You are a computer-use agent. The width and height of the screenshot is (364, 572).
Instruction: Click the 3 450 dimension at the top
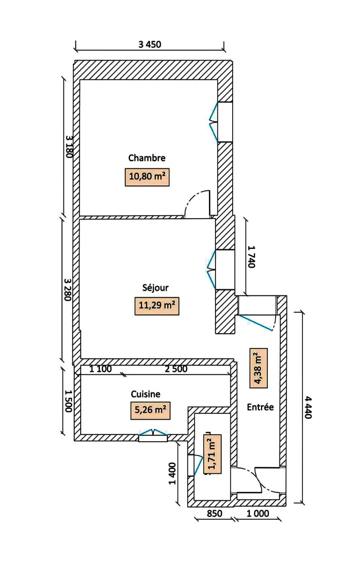click(150, 45)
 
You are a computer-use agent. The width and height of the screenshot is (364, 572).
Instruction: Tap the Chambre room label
click(147, 158)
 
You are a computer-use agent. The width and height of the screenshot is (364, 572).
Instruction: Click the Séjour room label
click(155, 288)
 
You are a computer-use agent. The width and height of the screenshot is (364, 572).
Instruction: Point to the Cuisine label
click(146, 394)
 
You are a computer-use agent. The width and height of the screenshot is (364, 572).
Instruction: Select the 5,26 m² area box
click(150, 410)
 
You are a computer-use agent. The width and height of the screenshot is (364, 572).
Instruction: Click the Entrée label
click(260, 407)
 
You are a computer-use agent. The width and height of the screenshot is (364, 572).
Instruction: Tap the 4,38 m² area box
click(259, 368)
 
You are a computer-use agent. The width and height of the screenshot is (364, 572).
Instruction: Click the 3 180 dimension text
click(69, 147)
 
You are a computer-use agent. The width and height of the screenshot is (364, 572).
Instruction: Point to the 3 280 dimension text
click(68, 289)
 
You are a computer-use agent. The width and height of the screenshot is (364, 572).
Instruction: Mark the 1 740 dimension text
click(251, 257)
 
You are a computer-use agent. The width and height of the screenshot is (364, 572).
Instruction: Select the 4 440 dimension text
click(308, 407)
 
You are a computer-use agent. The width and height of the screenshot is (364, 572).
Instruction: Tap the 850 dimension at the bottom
click(214, 513)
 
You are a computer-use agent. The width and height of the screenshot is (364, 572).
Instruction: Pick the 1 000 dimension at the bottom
click(258, 513)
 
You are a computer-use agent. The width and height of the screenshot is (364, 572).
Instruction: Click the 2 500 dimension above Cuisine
click(176, 369)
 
